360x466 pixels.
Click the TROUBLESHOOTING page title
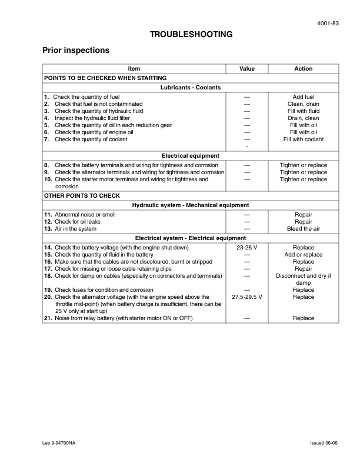191,35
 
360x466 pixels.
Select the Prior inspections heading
76,51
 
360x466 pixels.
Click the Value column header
247,69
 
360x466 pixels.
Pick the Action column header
304,69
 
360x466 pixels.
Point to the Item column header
134,69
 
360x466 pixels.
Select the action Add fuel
304,96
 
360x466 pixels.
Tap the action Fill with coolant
304,139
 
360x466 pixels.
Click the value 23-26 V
247,248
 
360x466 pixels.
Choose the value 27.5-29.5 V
247,297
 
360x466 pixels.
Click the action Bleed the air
304,229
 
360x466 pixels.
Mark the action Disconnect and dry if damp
304,279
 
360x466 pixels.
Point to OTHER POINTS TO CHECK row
82,195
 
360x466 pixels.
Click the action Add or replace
304,255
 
